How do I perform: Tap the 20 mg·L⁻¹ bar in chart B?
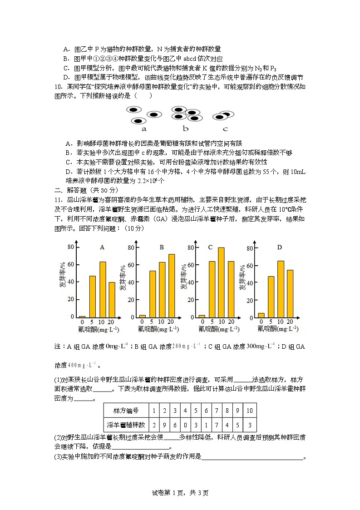[x=172, y=286]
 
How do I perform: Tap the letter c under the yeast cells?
[x=225, y=129]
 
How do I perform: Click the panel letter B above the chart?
[x=162, y=247]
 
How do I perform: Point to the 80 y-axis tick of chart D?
[x=249, y=248]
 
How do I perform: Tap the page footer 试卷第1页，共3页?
[x=180, y=493]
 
